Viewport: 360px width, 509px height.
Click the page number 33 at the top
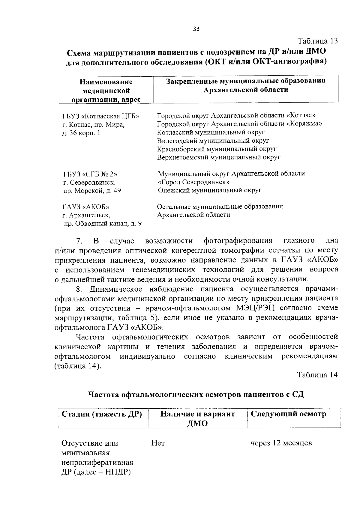click(196, 29)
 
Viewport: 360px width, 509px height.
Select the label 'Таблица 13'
click(317, 41)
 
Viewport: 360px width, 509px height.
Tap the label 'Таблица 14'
click(317, 374)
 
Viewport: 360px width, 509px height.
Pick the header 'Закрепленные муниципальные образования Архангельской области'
click(246, 85)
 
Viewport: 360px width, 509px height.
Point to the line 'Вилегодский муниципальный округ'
click(213, 140)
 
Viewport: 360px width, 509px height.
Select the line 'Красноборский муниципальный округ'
click(217, 149)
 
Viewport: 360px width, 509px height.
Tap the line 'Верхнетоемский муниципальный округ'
click(219, 157)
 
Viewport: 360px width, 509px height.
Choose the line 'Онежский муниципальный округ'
click(209, 190)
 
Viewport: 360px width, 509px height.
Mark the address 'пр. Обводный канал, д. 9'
click(103, 223)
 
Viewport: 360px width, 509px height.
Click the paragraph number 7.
click(79, 241)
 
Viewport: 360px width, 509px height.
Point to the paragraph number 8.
click(79, 289)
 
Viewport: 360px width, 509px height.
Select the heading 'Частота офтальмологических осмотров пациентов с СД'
click(196, 394)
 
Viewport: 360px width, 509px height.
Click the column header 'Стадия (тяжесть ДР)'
click(101, 414)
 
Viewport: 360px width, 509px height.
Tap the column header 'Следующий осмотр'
click(288, 414)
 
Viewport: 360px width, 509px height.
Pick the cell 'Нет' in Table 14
click(158, 443)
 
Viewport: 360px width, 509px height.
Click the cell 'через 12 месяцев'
click(281, 443)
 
